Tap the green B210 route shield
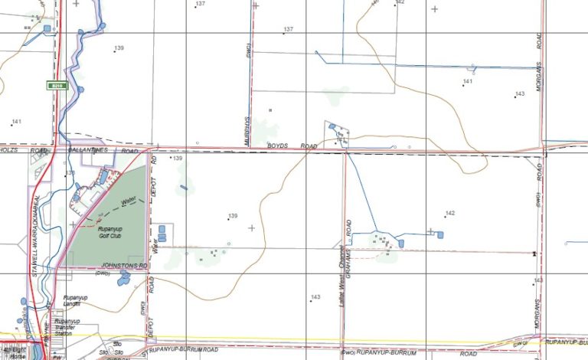pos(54,85)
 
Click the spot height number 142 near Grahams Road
pos(450,213)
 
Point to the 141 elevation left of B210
pos(16,122)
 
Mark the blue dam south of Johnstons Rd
pos(123,277)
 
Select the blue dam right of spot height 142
pos(440,234)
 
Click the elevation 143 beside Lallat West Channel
pos(315,296)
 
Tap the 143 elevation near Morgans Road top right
pos(520,93)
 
